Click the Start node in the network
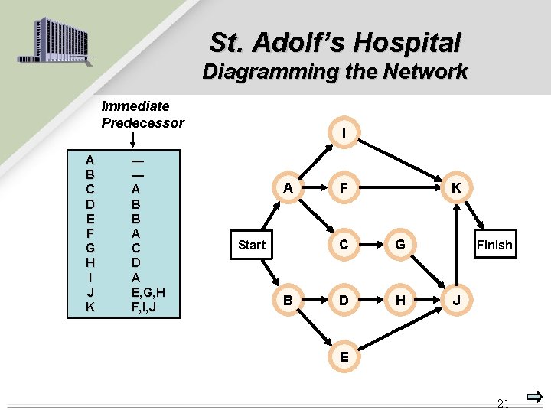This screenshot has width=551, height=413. (x=251, y=245)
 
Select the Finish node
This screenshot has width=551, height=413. (x=494, y=245)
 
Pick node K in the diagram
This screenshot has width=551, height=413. (x=455, y=188)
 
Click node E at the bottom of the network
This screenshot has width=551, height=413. (x=344, y=356)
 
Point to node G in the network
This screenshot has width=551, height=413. (x=399, y=245)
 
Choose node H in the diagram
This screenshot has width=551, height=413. (x=399, y=301)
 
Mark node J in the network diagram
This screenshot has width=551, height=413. (x=455, y=301)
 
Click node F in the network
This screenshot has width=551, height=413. (x=344, y=188)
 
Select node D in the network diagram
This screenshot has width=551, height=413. (x=344, y=301)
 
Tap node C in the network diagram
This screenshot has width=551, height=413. (x=344, y=245)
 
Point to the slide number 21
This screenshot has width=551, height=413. (x=503, y=403)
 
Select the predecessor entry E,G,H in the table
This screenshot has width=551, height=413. (x=149, y=291)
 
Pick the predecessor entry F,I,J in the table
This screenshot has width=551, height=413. (x=147, y=307)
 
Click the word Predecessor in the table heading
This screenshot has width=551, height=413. (x=142, y=122)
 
